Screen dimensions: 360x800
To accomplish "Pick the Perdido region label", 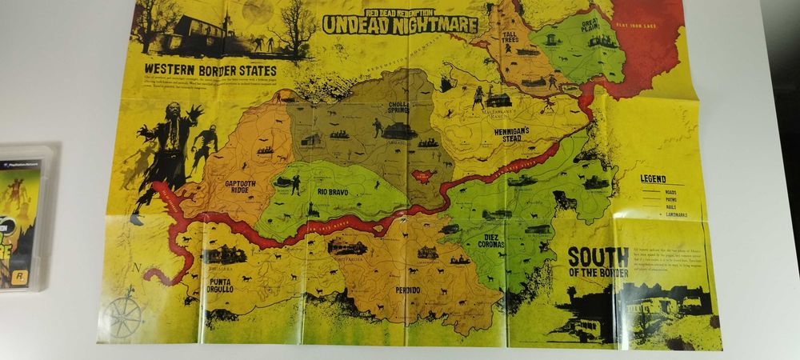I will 406,289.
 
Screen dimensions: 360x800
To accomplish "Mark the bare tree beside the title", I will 296,28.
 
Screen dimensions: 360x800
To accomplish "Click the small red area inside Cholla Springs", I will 422,175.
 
